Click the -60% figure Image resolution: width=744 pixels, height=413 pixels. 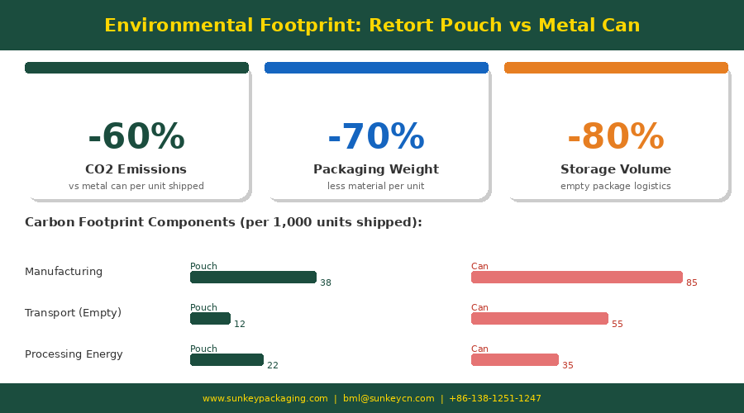tap(136, 137)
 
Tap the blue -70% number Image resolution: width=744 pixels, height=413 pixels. tap(376, 137)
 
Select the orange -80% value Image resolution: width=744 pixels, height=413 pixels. tap(616, 137)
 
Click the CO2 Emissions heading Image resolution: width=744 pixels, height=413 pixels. tap(136, 169)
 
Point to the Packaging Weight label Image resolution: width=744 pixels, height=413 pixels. tap(376, 169)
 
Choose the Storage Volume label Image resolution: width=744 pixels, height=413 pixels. tap(616, 169)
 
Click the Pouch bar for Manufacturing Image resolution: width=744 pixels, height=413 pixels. tap(253, 278)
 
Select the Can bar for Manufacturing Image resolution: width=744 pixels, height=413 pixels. tap(576, 278)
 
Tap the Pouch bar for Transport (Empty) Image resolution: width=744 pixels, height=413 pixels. tap(210, 319)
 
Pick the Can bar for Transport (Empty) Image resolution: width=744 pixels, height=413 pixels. tap(539, 319)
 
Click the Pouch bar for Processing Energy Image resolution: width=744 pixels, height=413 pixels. tap(227, 360)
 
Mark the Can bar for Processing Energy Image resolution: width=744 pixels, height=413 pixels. tap(514, 360)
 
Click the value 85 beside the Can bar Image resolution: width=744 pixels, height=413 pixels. tap(692, 283)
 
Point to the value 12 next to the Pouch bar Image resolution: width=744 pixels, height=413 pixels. tap(240, 325)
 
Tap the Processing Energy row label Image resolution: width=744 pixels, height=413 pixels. tap(74, 354)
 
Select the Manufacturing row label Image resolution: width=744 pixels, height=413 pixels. tap(64, 272)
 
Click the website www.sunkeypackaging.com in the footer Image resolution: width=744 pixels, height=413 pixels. tap(265, 399)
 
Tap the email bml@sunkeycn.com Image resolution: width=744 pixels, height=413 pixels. tap(389, 399)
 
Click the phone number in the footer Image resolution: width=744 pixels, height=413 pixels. tap(495, 399)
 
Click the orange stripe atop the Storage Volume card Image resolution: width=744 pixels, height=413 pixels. tap(616, 68)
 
